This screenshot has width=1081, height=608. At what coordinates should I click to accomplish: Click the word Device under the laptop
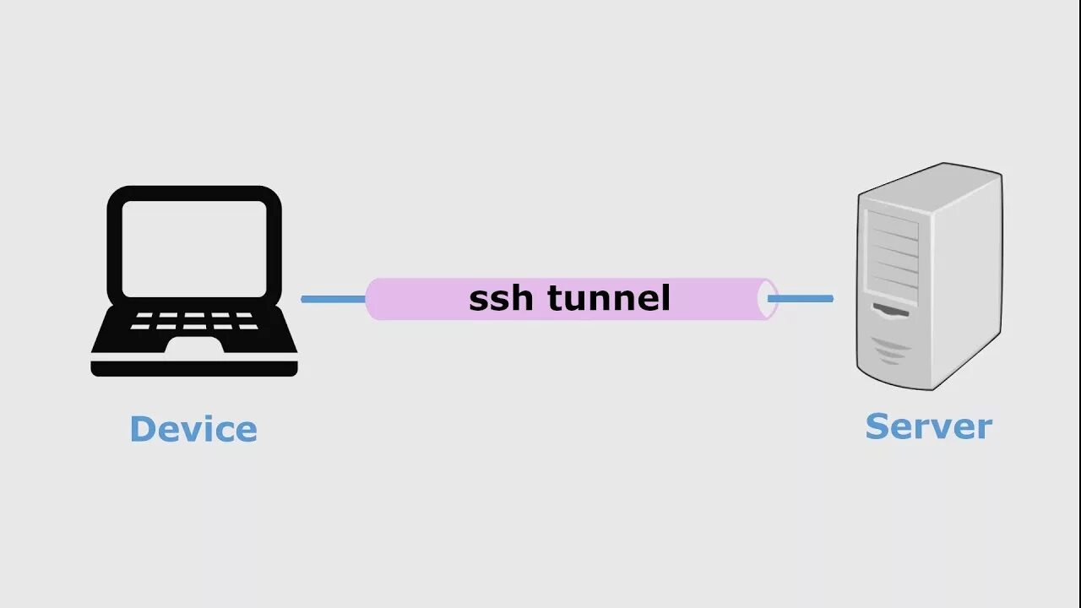tap(193, 429)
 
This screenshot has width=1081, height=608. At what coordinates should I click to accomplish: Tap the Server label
tap(928, 426)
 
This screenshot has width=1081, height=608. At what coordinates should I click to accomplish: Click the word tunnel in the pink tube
tap(608, 298)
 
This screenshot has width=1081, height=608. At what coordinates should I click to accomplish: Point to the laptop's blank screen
tap(194, 249)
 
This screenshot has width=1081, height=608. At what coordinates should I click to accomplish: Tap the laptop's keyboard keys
tap(194, 321)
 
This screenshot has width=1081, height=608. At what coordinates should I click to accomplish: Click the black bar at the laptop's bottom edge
tap(193, 369)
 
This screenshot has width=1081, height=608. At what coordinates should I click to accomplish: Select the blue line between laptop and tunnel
tap(333, 299)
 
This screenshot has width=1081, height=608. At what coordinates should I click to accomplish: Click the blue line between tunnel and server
tap(801, 298)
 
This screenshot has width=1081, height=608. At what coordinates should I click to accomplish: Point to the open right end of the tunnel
tap(769, 299)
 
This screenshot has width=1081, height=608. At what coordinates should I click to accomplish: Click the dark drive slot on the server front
tap(891, 311)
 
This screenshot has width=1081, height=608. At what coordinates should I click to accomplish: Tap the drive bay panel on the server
tap(892, 253)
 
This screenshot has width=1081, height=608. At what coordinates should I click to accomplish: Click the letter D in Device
tap(143, 429)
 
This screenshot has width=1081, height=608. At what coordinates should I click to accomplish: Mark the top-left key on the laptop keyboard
tap(142, 316)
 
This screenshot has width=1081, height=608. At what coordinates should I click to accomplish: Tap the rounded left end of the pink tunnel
tap(374, 299)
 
